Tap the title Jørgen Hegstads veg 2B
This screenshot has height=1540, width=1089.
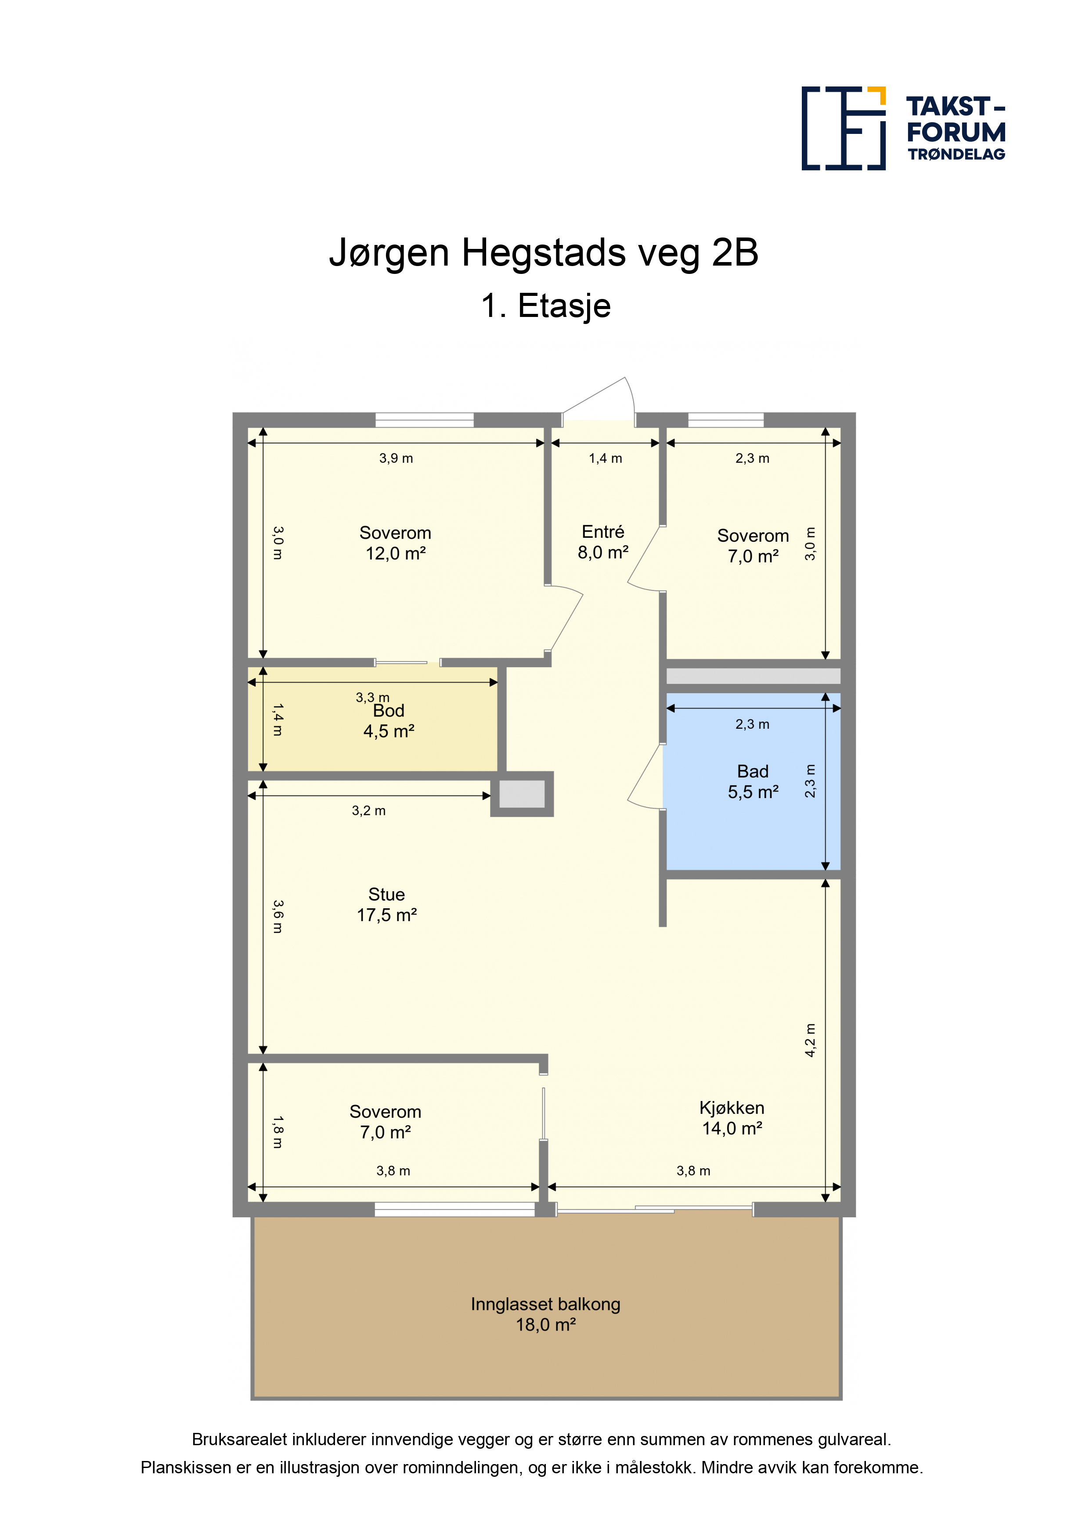(x=544, y=253)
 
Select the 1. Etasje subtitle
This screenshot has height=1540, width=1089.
(x=545, y=306)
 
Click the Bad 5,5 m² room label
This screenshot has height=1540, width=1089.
(x=753, y=781)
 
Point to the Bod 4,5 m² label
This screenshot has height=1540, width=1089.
(x=389, y=721)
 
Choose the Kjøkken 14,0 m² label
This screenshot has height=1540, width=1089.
(x=732, y=1118)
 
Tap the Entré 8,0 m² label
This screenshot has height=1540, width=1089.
(x=603, y=542)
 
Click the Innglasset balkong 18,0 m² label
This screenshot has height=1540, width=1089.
(x=545, y=1314)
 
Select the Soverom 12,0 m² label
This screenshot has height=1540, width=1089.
(x=395, y=543)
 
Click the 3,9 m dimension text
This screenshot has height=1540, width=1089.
(x=396, y=458)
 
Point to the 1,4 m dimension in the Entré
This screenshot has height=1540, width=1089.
(x=605, y=458)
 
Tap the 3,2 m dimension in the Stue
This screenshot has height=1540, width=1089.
(x=368, y=810)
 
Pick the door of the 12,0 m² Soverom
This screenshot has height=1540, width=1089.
(x=564, y=619)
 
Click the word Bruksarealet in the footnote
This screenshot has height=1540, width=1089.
(x=240, y=1439)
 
